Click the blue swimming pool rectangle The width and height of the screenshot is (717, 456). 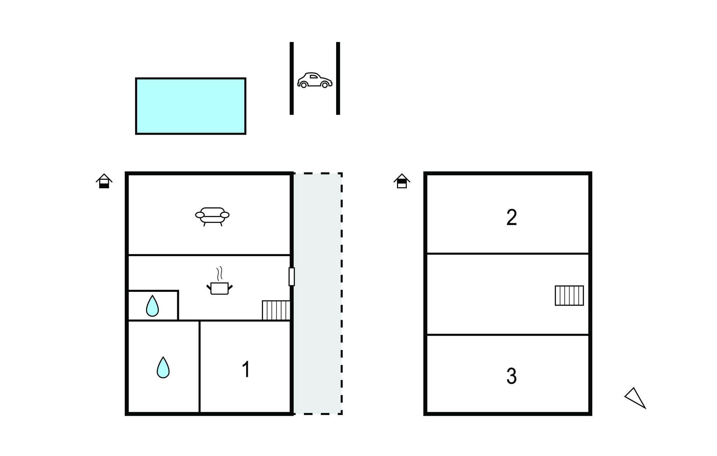(190, 106)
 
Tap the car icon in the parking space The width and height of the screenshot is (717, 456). (314, 80)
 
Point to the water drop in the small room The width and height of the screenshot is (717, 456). (152, 306)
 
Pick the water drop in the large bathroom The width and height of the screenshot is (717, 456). (163, 367)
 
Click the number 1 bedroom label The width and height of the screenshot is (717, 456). (246, 370)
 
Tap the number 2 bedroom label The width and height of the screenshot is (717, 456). (511, 218)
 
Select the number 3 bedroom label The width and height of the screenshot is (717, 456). (511, 376)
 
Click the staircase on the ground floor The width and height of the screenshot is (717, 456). (276, 310)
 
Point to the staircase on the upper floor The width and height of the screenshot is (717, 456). (569, 296)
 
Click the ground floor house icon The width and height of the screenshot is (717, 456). (104, 181)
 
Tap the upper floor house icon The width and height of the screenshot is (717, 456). (402, 181)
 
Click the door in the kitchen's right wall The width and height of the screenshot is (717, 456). (292, 276)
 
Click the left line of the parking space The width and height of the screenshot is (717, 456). (292, 78)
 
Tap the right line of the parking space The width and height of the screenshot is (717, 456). (338, 78)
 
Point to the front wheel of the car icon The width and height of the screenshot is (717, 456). (325, 85)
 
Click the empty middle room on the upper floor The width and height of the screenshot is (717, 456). (490, 294)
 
